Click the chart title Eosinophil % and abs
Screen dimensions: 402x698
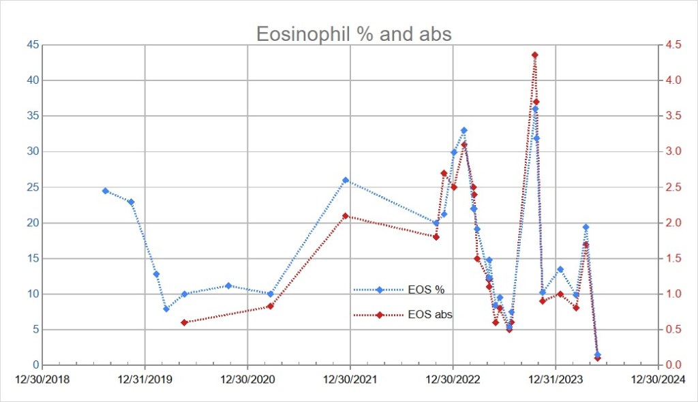pos(353,33)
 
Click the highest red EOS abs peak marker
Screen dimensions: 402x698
pos(535,55)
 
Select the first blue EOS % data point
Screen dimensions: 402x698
pos(105,191)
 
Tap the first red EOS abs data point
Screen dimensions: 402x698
pos(184,322)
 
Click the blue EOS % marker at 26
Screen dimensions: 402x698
pos(346,180)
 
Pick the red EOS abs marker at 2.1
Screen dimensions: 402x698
pos(346,216)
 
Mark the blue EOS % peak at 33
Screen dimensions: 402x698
pos(464,130)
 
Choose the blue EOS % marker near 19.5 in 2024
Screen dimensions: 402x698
pos(586,227)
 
